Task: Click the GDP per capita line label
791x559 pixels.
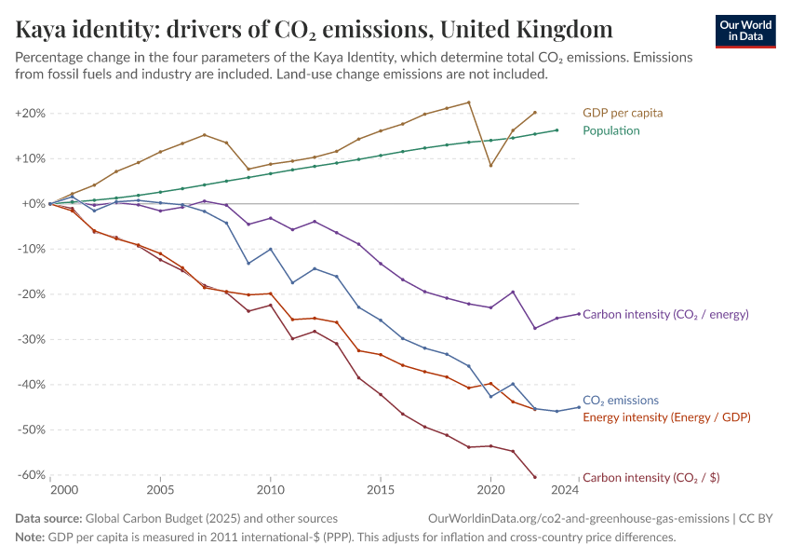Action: click(623, 113)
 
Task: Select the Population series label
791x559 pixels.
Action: click(611, 130)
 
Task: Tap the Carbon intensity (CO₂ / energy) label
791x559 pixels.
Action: click(665, 314)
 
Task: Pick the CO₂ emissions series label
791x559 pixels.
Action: click(621, 401)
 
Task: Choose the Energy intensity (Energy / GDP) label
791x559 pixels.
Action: click(666, 417)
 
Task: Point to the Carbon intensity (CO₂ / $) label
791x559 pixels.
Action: click(650, 477)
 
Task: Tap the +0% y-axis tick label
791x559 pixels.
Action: click(33, 204)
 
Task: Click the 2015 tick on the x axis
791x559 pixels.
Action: click(380, 489)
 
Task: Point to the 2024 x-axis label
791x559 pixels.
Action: click(565, 489)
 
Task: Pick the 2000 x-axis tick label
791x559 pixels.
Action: click(64, 489)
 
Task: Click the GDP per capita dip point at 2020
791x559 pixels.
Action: click(490, 165)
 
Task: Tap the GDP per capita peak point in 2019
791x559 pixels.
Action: click(468, 102)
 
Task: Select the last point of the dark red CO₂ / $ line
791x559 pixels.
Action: click(535, 477)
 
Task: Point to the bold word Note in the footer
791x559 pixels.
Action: click(30, 538)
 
